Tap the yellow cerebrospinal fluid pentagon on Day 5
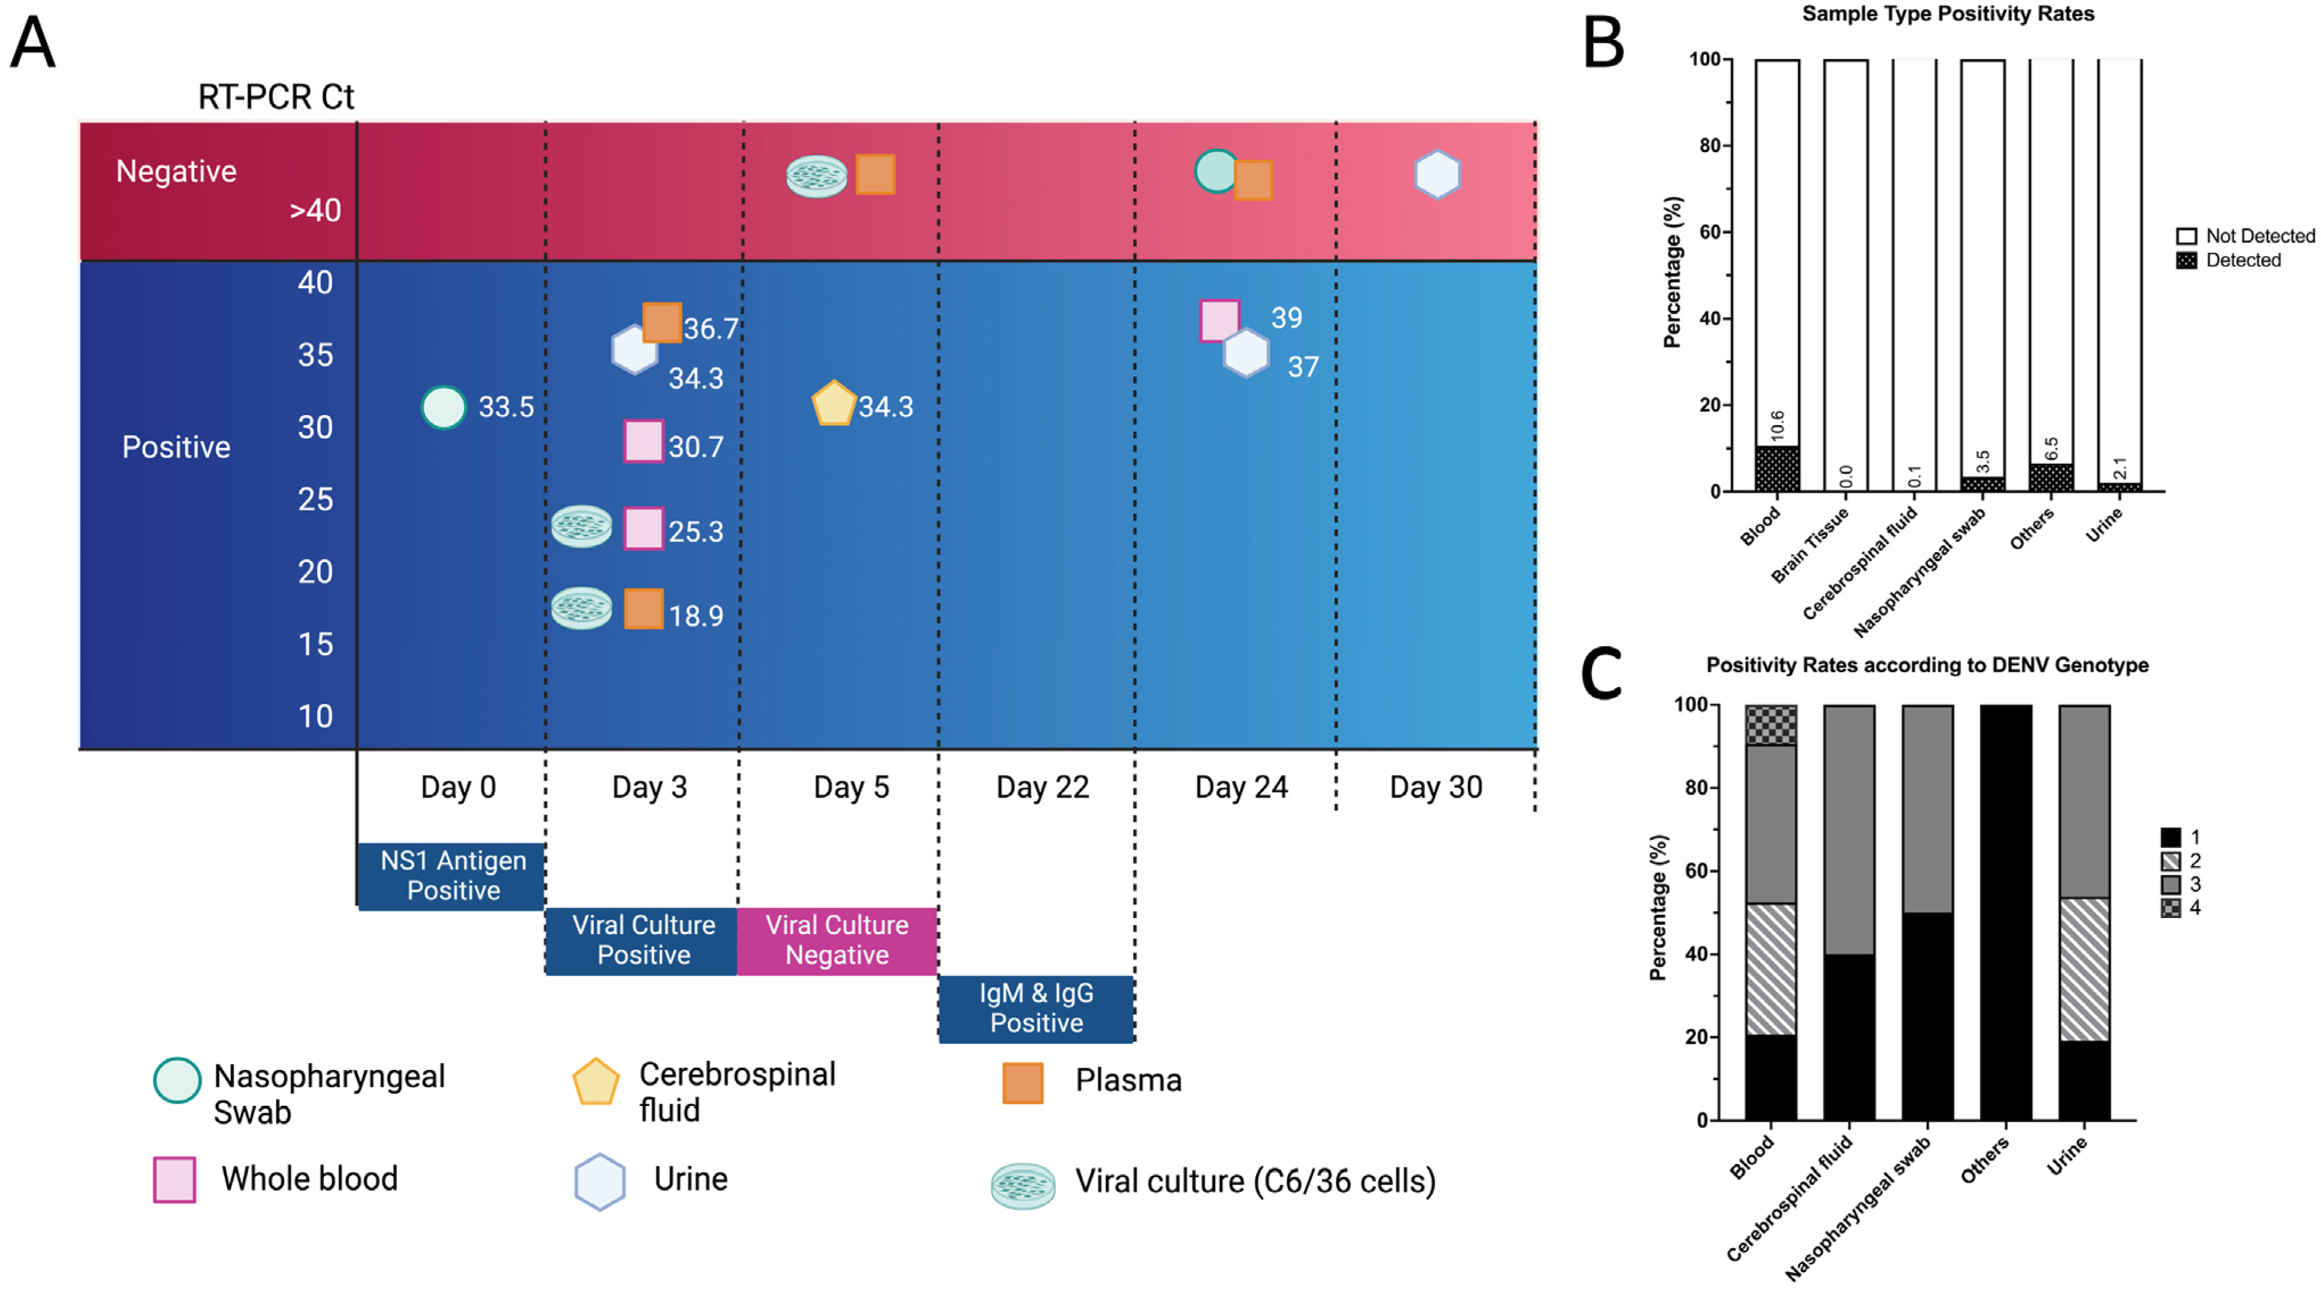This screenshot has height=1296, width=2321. (x=834, y=404)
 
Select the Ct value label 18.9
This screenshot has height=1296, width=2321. (x=696, y=616)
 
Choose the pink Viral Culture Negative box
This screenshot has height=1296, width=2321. (x=837, y=940)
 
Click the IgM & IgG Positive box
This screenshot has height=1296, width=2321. (x=1036, y=1008)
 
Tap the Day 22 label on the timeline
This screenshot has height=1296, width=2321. (x=1043, y=787)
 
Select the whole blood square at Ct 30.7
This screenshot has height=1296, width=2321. (x=643, y=441)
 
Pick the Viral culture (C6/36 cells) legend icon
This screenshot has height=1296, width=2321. (x=1023, y=1184)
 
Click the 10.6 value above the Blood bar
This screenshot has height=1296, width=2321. (x=1777, y=426)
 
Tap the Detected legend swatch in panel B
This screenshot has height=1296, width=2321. (x=2186, y=260)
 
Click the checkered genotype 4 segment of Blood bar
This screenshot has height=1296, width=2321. (x=1770, y=725)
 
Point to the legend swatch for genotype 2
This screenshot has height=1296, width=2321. (x=2171, y=861)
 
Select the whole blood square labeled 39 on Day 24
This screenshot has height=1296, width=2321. (x=1219, y=320)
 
